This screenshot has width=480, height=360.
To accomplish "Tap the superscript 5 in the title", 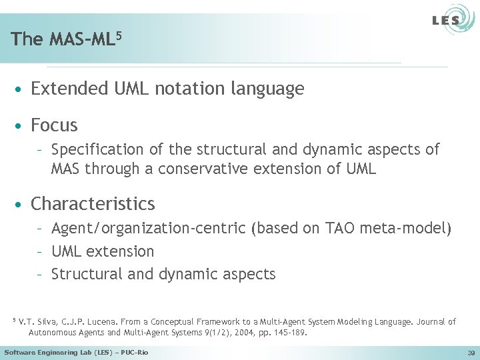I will [118, 33].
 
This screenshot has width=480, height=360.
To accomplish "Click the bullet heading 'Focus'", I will [54, 125].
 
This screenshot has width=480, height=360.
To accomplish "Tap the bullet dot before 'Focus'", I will [22, 126].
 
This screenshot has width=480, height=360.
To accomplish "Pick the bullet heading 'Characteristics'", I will [93, 204].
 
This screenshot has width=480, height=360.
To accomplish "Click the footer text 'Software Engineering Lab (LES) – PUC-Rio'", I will [77, 352].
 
